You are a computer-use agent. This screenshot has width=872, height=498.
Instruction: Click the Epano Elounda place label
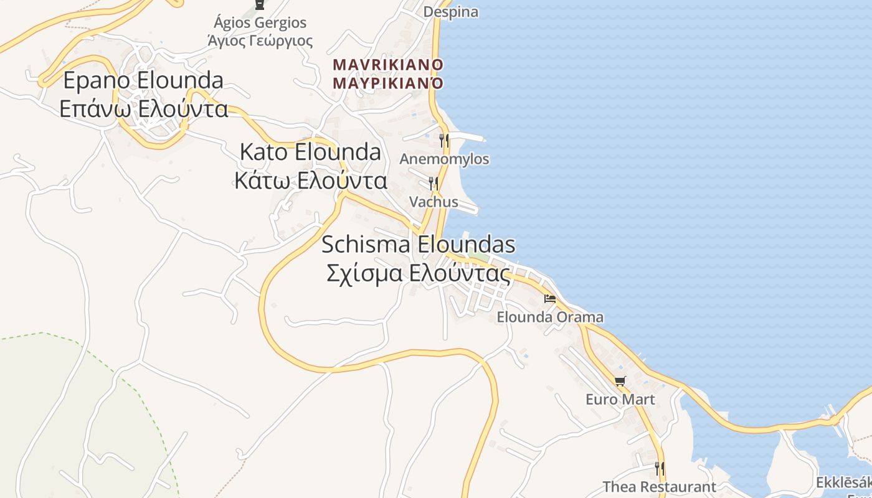point(143,81)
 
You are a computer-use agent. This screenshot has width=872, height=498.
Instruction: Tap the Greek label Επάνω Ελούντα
point(143,109)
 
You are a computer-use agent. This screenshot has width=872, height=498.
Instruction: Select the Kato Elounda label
point(310,152)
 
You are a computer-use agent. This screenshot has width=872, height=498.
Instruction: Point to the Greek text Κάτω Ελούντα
point(310,181)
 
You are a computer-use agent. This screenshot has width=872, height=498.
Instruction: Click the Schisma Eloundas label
point(418,245)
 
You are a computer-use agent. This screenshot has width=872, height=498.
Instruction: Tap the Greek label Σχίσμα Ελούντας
point(418,273)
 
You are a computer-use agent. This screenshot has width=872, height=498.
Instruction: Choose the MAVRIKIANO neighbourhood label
point(388,65)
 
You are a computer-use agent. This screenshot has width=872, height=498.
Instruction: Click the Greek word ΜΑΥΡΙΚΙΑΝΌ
point(388,83)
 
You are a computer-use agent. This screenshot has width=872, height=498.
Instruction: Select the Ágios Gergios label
point(260,23)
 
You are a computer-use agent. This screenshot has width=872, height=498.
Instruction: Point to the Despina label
point(451,12)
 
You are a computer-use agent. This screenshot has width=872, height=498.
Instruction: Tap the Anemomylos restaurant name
point(444,159)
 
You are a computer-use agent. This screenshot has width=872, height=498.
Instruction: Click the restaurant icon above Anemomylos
point(444,140)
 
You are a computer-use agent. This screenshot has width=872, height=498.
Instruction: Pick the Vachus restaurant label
point(434,202)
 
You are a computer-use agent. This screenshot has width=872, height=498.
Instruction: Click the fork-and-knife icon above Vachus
point(434,183)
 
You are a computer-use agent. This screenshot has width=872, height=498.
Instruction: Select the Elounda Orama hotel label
point(550,317)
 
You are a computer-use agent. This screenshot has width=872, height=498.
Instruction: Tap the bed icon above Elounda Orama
point(550,299)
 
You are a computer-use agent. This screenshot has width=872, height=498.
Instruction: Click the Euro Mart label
point(620,399)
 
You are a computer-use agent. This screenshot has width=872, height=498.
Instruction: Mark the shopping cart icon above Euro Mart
point(620,381)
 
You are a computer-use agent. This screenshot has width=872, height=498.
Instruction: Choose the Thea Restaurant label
point(659,487)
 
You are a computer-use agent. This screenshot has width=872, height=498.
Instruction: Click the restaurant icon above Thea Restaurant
point(659,468)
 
